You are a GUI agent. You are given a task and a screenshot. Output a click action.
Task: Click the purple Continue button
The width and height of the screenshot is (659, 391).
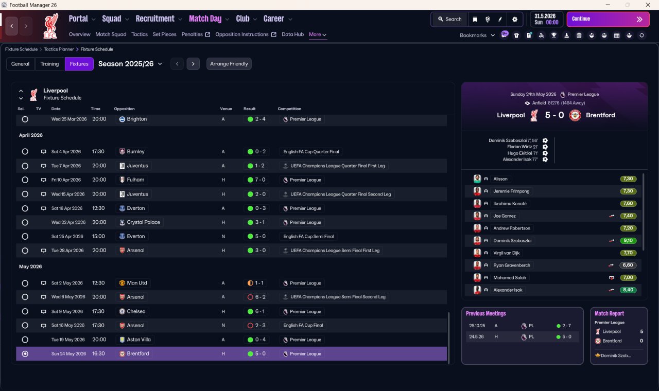(x=608, y=19)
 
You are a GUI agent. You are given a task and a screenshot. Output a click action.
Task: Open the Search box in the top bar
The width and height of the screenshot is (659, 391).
(x=450, y=19)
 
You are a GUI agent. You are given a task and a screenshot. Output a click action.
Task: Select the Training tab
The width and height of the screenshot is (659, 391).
(x=49, y=64)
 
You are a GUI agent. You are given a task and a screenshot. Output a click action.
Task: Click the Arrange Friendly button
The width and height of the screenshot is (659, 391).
(x=229, y=64)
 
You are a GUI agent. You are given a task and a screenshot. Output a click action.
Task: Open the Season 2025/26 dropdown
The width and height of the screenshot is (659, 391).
(x=130, y=64)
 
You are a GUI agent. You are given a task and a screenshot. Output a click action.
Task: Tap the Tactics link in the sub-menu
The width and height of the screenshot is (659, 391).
(x=140, y=34)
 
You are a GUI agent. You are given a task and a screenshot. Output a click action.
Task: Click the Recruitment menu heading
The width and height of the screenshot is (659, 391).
(x=155, y=19)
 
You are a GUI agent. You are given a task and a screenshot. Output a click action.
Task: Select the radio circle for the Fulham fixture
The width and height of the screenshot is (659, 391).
(x=25, y=180)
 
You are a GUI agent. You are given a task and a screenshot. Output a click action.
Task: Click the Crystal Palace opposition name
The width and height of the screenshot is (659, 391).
(x=143, y=222)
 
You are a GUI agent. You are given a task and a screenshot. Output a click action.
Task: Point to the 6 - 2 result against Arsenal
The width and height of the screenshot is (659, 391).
(x=261, y=297)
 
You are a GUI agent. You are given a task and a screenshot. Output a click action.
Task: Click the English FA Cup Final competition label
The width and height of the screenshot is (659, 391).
(x=303, y=326)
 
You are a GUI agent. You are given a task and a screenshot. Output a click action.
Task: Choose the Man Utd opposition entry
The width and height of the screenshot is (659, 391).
(x=137, y=283)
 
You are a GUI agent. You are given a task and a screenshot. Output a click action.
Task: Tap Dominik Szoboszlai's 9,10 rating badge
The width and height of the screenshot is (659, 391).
(x=628, y=240)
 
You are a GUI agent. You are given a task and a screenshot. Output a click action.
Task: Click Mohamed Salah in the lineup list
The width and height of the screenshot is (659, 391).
(x=510, y=277)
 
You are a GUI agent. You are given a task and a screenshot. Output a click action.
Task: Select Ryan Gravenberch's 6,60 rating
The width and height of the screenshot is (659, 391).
(x=628, y=265)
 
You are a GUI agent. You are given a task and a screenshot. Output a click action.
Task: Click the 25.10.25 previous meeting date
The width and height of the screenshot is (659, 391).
(x=477, y=326)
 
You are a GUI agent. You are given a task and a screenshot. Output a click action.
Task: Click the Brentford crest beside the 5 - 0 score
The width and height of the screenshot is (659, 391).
(x=575, y=115)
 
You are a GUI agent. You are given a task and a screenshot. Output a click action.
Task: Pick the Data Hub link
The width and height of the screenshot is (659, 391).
(x=293, y=34)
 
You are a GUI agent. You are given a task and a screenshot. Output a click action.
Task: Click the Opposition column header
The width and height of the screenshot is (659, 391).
(x=124, y=109)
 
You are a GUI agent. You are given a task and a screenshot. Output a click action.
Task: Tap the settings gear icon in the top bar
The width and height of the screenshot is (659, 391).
(x=514, y=20)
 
